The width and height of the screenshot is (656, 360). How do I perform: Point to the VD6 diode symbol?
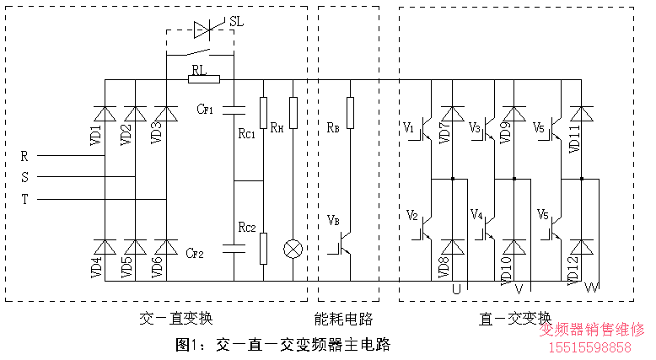pos(166,246)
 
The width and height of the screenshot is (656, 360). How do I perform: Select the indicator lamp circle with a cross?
pos(293,250)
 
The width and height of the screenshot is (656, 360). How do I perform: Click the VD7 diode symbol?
pos(454,113)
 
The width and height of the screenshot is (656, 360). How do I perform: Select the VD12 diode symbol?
pos(581,246)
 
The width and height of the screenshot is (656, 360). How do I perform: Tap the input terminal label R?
pos(24,156)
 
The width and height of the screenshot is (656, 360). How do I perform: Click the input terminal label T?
pos(24,200)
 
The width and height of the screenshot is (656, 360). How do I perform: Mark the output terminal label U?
pos(456,289)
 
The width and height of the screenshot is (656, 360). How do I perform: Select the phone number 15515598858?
pos(590,347)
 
